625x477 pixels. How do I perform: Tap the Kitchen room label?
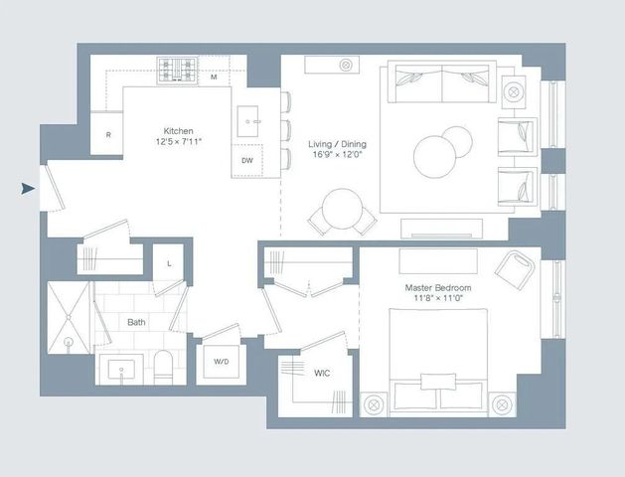click(179, 131)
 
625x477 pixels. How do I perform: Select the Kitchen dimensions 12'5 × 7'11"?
click(179, 143)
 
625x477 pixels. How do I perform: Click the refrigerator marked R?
click(107, 134)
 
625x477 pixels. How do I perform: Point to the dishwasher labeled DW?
click(247, 160)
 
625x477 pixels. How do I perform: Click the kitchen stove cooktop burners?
click(179, 70)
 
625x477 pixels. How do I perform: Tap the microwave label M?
click(214, 77)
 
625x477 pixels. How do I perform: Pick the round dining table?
click(342, 209)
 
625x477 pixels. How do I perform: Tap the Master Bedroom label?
click(438, 288)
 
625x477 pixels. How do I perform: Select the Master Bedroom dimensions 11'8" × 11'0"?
click(438, 300)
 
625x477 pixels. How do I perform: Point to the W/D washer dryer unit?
click(220, 362)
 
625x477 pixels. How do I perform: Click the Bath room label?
click(136, 322)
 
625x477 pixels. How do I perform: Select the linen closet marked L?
click(169, 263)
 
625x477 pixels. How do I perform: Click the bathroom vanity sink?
click(122, 370)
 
